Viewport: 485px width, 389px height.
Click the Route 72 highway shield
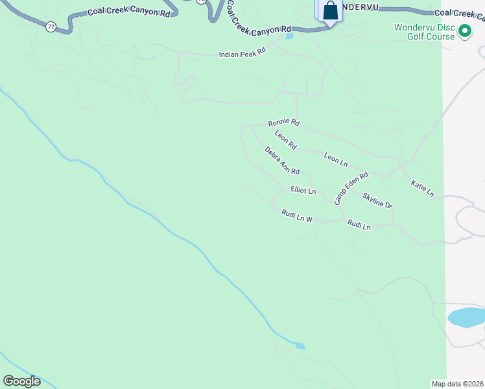pos(51,27)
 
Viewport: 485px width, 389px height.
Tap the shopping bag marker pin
pos(330,10)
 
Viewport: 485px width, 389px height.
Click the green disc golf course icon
pos(464,31)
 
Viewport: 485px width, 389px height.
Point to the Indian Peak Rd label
pos(242,54)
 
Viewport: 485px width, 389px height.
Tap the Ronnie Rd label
pos(284,123)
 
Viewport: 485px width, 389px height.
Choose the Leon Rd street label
pos(285,140)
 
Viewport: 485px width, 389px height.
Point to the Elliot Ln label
pos(303,191)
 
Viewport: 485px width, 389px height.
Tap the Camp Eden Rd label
pos(351,188)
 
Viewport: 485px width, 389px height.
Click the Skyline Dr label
pos(377,200)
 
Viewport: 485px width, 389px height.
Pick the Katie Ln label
pos(422,189)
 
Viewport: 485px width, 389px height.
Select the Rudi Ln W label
pos(297,216)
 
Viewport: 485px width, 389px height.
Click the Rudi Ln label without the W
pos(359,226)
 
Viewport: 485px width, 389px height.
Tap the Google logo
pos(21,381)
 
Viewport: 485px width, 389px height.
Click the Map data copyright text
pos(457,384)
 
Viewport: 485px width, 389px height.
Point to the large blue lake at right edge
pos(467,318)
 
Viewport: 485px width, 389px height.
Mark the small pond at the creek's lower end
pos(300,346)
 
